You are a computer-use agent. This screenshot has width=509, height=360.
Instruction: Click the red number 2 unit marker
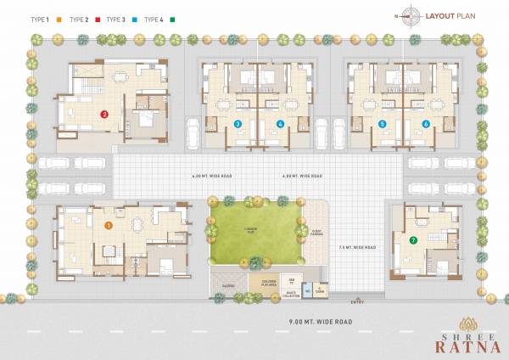pyautogui.click(x=103, y=114)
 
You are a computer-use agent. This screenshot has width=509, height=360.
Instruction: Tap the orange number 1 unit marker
pyautogui.click(x=108, y=225)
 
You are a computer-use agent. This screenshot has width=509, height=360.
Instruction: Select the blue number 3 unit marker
pyautogui.click(x=238, y=124)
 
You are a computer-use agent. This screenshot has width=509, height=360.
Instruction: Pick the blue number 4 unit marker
pyautogui.click(x=280, y=124)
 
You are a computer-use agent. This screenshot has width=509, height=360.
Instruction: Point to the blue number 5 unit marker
pyautogui.click(x=383, y=124)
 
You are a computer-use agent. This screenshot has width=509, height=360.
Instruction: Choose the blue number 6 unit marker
pyautogui.click(x=425, y=124)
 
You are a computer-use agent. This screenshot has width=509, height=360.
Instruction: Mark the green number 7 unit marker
pyautogui.click(x=413, y=240)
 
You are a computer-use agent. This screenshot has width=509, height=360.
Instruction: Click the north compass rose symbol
pyautogui.click(x=411, y=14)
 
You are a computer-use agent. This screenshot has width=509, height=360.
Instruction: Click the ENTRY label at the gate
pyautogui.click(x=342, y=300)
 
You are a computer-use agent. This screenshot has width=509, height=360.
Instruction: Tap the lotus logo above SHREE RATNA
pyautogui.click(x=462, y=323)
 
